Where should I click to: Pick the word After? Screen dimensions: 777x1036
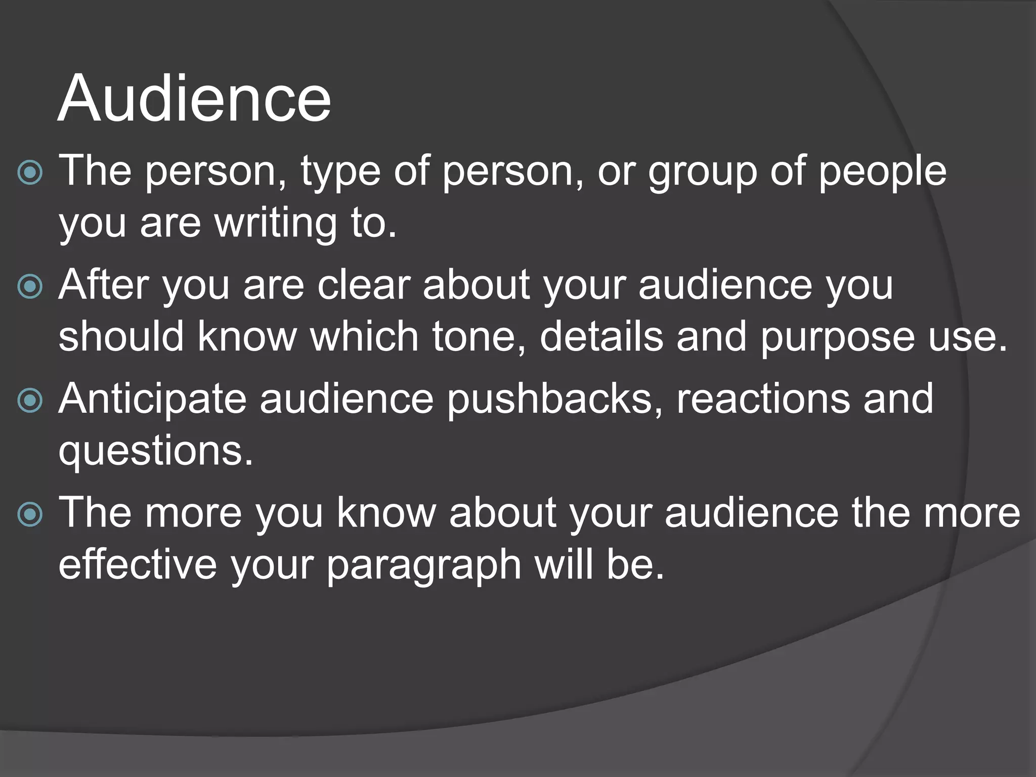[103, 285]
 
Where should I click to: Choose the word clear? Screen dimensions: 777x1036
[363, 285]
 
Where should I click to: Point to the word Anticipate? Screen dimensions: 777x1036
[152, 400]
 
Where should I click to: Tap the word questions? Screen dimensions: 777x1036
[155, 452]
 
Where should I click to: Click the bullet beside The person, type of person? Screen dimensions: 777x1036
[30, 173]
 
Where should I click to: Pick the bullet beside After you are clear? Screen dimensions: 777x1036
[30, 287]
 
